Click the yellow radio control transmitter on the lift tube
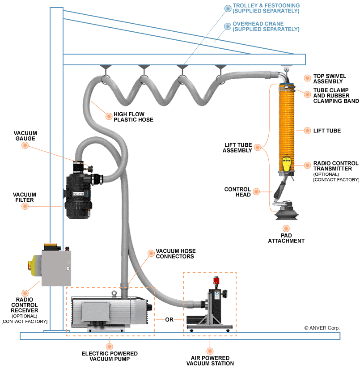286,164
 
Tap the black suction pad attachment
287,214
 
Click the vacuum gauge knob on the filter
90,169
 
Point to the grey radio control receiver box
56,268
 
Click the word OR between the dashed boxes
169,320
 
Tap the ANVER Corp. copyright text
322,328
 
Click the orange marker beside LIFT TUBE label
307,131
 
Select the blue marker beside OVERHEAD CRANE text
228,26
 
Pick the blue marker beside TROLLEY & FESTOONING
228,8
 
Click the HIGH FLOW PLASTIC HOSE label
133,117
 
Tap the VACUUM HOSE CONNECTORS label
176,254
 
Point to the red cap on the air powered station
216,281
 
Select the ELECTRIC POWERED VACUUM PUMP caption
110,356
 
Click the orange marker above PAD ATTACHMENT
286,228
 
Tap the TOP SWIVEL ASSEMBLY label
330,79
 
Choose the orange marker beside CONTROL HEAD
256,191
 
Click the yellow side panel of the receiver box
36,265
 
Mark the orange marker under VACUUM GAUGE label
25,145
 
